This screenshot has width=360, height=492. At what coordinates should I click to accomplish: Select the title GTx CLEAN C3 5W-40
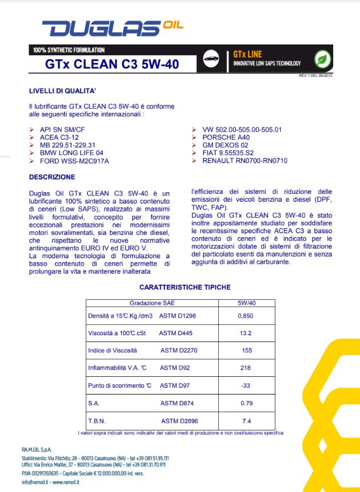(x=112, y=64)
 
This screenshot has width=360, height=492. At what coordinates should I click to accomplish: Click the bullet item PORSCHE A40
(x=226, y=137)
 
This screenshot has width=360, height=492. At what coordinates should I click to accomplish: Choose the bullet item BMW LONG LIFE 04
(x=71, y=153)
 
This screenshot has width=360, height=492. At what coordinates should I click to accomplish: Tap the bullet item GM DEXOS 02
(x=226, y=145)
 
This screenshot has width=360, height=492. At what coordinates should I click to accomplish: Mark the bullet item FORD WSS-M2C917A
(x=74, y=161)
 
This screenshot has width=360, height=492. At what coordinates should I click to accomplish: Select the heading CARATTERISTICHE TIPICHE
(x=185, y=287)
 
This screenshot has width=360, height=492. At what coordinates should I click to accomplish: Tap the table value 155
(x=246, y=350)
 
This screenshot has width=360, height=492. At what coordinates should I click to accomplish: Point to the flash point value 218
(x=246, y=368)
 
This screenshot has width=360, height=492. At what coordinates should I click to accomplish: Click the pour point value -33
(x=246, y=385)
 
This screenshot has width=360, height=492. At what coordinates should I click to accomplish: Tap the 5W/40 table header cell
(x=246, y=303)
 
